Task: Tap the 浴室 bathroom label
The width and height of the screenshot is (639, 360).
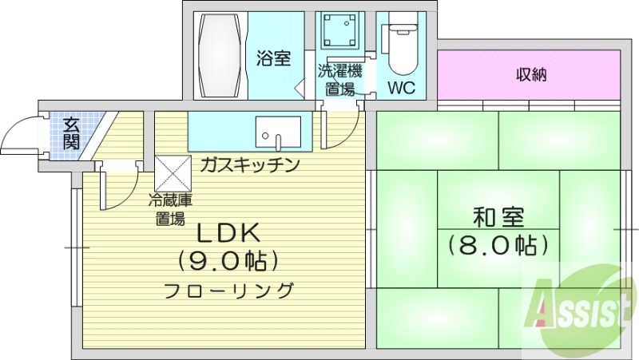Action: tap(272, 58)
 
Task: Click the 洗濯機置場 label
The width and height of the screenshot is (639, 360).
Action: tap(339, 80)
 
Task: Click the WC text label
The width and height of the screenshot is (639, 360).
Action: tap(401, 88)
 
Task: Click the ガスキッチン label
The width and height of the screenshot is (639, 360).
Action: tap(249, 165)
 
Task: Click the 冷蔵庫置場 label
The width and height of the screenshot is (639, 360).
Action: tap(169, 210)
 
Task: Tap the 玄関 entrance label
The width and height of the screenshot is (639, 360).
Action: tap(71, 133)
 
